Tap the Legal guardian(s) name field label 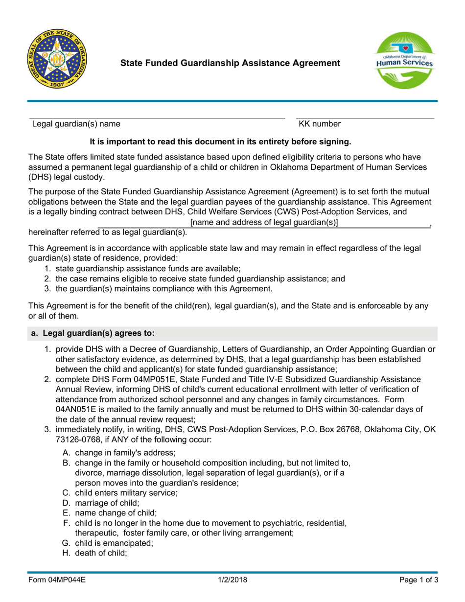click(x=74, y=125)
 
